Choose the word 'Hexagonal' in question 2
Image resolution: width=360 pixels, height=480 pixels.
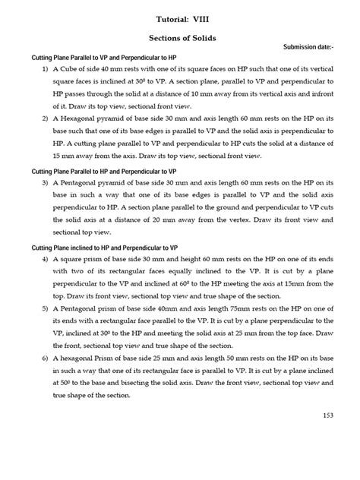tap(90, 119)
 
